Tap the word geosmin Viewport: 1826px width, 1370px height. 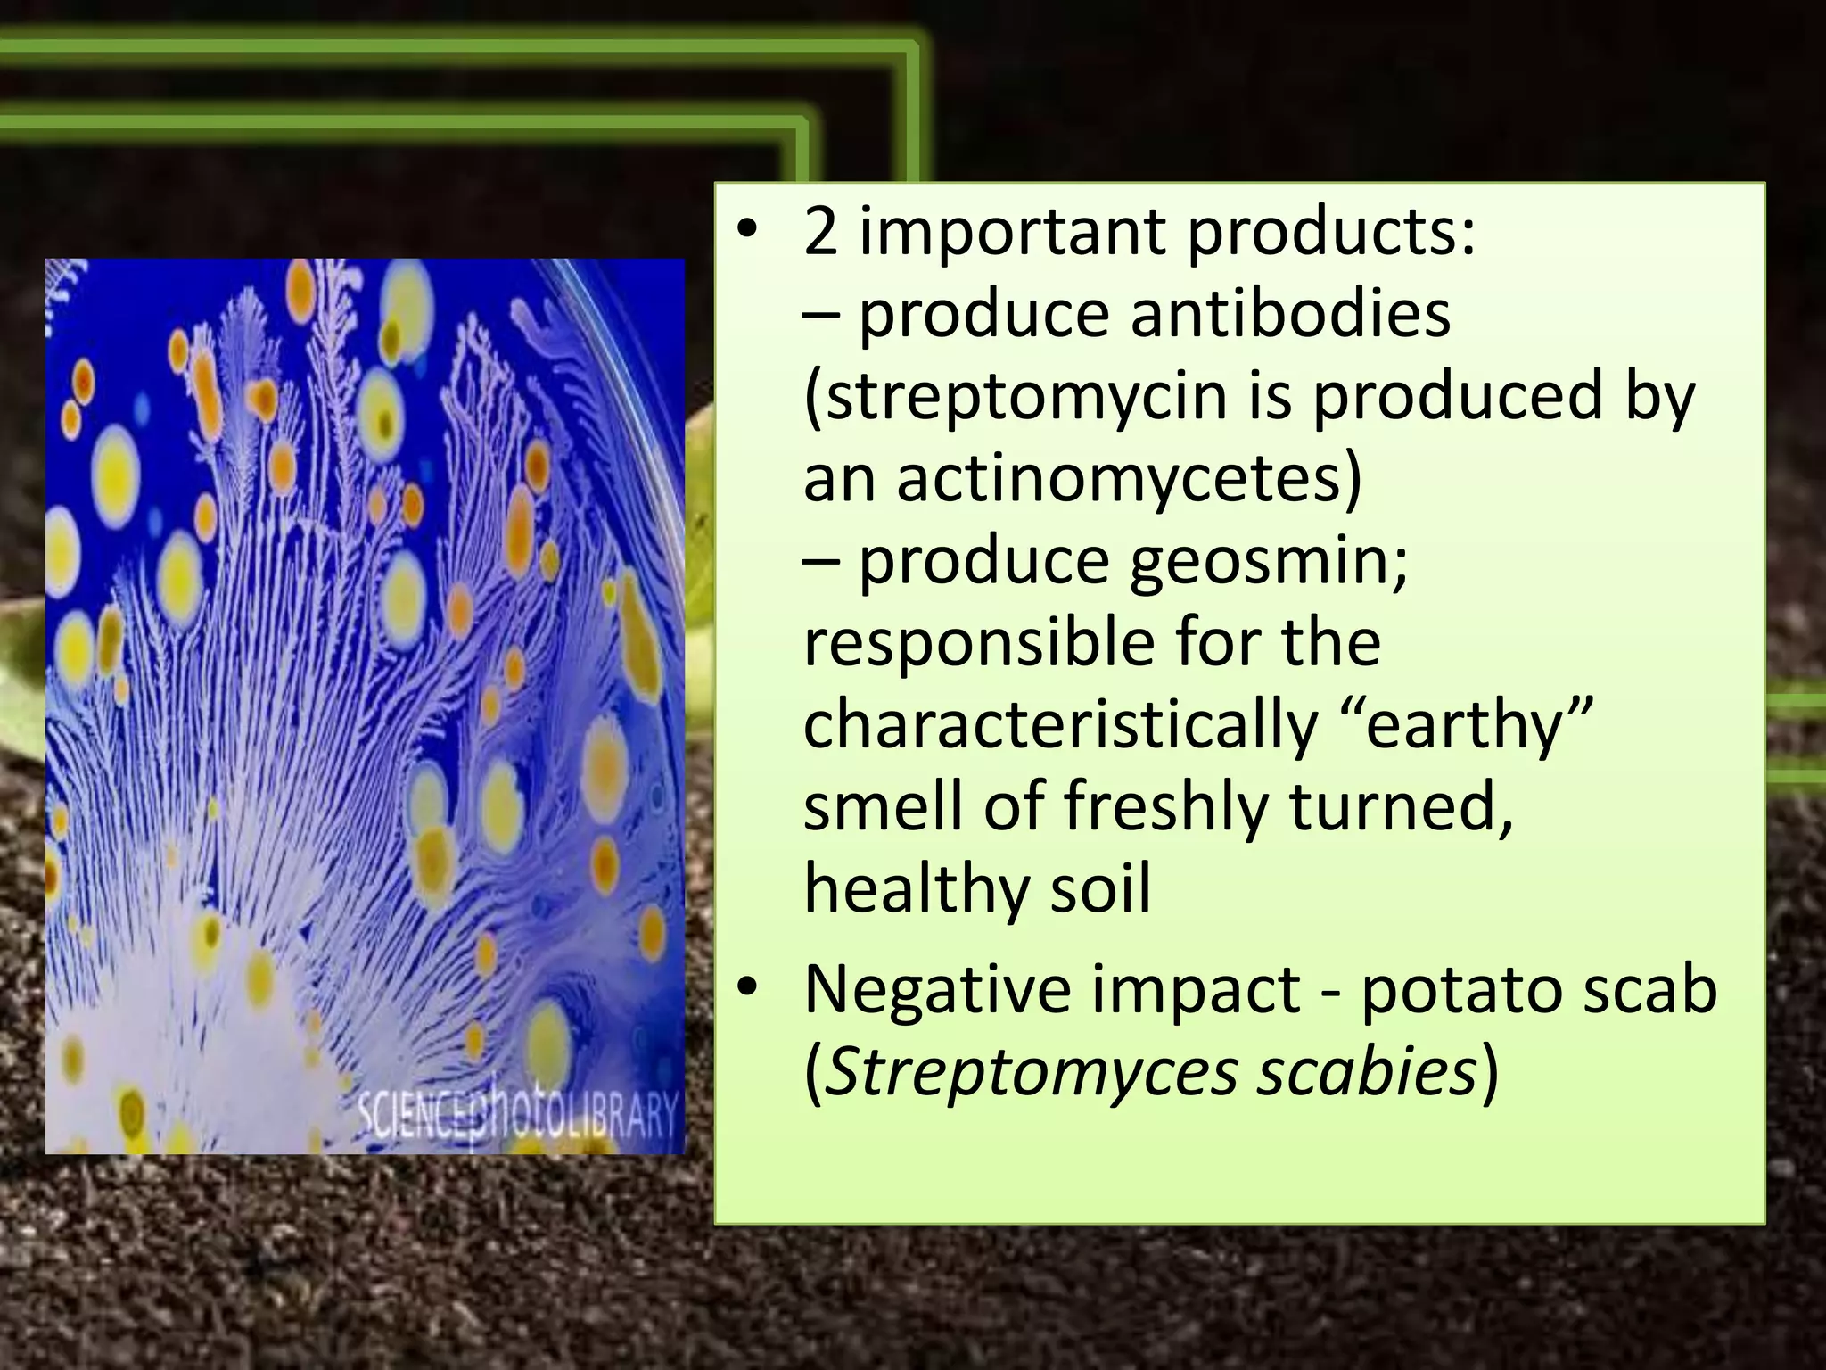[x=1267, y=562]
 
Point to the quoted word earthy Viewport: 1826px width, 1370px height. [x=1467, y=724]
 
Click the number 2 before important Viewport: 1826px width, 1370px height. [x=820, y=232]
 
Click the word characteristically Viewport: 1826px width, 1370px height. [x=1060, y=726]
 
